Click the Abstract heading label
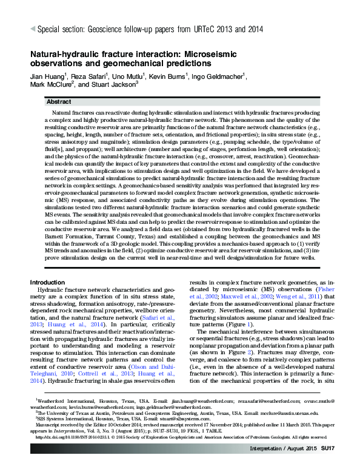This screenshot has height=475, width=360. [x=59, y=102]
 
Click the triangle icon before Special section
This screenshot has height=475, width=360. [x=33, y=28]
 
